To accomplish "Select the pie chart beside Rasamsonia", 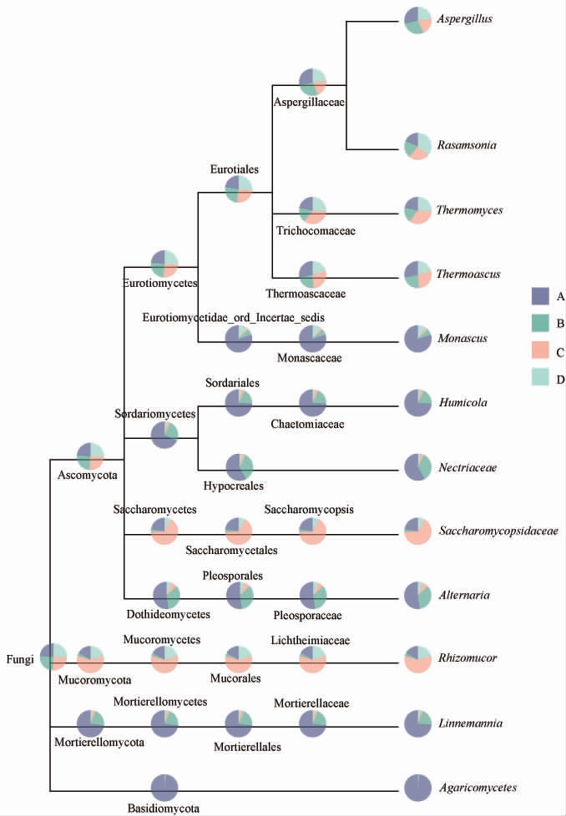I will click(x=417, y=146).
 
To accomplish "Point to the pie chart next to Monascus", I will click(x=417, y=339).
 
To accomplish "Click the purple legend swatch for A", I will click(x=539, y=295).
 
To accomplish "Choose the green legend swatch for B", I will click(x=539, y=323).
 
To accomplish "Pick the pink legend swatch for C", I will click(x=539, y=350).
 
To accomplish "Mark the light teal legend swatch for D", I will click(x=539, y=378).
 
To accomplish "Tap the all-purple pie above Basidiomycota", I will click(x=164, y=788).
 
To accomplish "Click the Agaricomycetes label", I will click(x=478, y=787).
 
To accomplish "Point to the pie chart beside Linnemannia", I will click(x=417, y=723).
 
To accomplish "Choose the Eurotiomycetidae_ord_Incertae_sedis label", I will click(x=233, y=316).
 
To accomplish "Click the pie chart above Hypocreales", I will click(x=240, y=466).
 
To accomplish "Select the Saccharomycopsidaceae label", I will click(x=498, y=530).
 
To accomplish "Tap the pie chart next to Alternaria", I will click(x=417, y=595).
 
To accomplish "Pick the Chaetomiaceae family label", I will click(x=308, y=424).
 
